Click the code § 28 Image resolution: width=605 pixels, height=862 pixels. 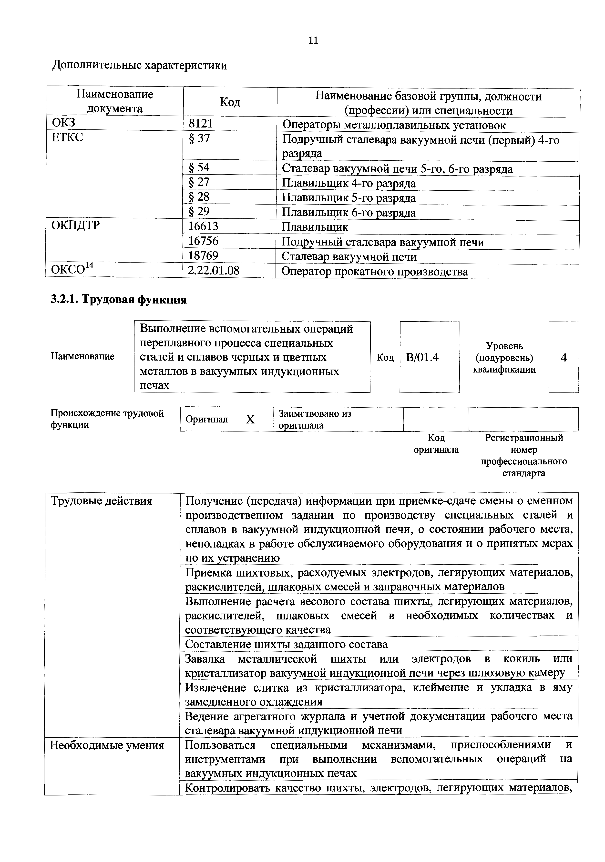click(x=199, y=197)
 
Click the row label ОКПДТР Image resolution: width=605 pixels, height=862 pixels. click(x=75, y=226)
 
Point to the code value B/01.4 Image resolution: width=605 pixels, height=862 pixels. click(x=422, y=357)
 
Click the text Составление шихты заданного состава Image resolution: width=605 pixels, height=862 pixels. click(x=286, y=644)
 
